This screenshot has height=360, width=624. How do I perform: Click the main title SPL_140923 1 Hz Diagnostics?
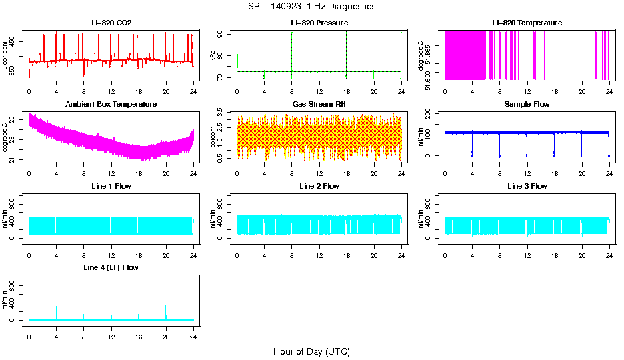pyautogui.click(x=312, y=7)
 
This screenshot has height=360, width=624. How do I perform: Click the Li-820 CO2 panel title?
pyautogui.click(x=111, y=23)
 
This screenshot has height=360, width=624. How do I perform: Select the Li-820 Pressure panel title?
pyautogui.click(x=319, y=23)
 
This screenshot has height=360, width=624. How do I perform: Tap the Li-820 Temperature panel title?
pyautogui.click(x=527, y=23)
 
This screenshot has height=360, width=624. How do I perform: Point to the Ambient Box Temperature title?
pyautogui.click(x=111, y=104)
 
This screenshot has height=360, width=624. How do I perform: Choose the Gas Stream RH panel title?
pyautogui.click(x=319, y=104)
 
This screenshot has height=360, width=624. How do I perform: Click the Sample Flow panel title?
pyautogui.click(x=527, y=104)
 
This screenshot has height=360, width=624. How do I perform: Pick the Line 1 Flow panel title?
pyautogui.click(x=111, y=186)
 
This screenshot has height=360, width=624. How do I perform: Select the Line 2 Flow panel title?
pyautogui.click(x=319, y=186)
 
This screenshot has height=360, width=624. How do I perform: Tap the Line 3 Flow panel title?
pyautogui.click(x=527, y=186)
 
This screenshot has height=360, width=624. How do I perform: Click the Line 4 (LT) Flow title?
pyautogui.click(x=111, y=267)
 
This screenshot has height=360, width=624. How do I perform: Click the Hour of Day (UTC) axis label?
pyautogui.click(x=311, y=351)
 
